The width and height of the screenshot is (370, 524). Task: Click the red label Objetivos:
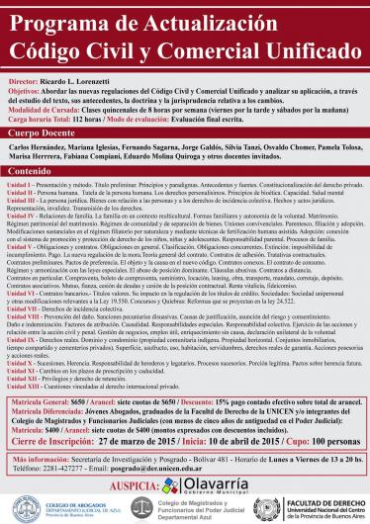pos(26,86)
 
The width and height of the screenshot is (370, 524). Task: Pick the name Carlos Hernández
pos(39,144)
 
